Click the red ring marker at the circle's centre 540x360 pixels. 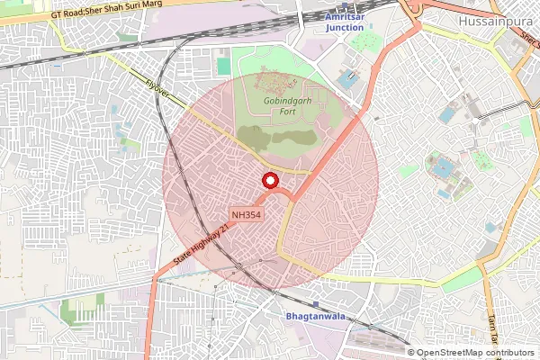(x=269, y=181)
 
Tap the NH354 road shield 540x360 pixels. (x=247, y=214)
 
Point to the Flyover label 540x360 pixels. (x=159, y=87)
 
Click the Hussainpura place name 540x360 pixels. (x=494, y=21)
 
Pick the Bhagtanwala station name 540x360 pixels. (x=314, y=318)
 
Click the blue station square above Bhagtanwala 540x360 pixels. (x=314, y=305)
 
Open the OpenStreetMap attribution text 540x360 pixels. (x=470, y=353)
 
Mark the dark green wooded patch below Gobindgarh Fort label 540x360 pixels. (x=288, y=137)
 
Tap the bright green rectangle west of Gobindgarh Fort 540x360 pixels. (x=223, y=66)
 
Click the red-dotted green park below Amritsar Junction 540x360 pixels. (x=364, y=41)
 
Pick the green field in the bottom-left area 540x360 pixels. (x=72, y=311)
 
